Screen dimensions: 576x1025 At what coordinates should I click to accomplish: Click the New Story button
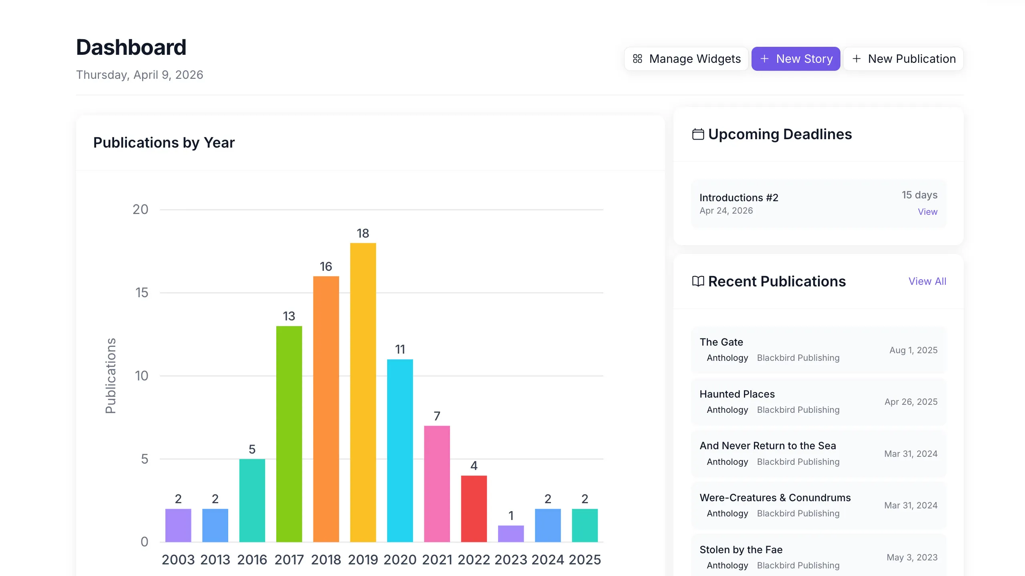click(796, 59)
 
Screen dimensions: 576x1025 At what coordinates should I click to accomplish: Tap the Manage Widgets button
click(686, 59)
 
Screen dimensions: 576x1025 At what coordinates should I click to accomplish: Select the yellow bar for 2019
click(363, 392)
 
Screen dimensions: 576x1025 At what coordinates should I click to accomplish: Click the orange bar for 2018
click(326, 408)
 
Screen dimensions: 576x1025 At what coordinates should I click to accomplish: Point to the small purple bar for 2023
click(510, 534)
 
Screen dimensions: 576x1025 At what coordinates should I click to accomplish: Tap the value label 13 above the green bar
click(289, 316)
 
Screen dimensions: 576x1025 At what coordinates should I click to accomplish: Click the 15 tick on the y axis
click(142, 293)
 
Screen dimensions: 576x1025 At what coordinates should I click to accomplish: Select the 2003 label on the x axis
click(178, 560)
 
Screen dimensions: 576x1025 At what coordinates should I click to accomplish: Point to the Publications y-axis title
click(111, 376)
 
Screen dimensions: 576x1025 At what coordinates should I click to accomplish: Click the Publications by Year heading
click(164, 143)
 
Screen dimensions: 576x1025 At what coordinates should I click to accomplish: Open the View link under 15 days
click(927, 212)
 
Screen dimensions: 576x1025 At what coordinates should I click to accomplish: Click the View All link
click(927, 281)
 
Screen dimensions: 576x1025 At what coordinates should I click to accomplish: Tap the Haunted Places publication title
click(737, 394)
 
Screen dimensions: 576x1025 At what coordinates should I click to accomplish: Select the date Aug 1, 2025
click(913, 350)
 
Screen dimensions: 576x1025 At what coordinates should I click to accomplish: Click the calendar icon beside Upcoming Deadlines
click(698, 134)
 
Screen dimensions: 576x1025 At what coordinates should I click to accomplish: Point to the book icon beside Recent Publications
click(698, 281)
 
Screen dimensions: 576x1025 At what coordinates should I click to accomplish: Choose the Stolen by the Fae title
click(741, 550)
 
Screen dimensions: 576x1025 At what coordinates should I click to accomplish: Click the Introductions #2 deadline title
click(739, 198)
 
